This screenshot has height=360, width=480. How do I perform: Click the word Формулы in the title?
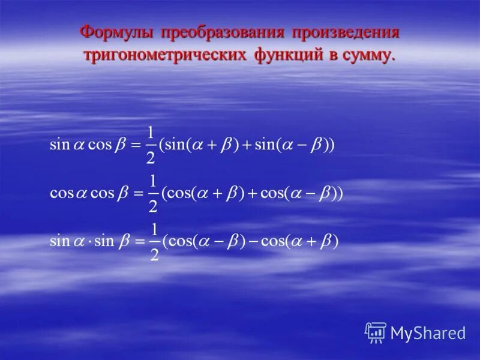tap(115, 32)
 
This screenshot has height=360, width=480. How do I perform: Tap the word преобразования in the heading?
tap(219, 32)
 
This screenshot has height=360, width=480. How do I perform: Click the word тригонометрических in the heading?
tap(164, 55)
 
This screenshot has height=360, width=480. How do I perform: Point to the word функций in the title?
tap(288, 55)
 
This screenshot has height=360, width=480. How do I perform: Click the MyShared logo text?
tap(428, 333)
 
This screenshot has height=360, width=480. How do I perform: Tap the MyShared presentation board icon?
tap(376, 332)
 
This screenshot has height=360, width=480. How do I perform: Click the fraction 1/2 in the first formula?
tap(150, 145)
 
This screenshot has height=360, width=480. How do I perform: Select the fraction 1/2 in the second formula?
tap(152, 194)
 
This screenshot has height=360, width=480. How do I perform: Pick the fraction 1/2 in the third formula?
tap(154, 242)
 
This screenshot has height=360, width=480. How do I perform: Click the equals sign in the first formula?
tap(135, 146)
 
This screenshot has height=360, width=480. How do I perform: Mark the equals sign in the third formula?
tap(139, 242)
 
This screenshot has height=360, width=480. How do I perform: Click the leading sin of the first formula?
tap(60, 145)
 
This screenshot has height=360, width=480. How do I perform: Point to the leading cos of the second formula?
tap(62, 194)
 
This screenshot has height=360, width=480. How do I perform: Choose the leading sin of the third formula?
tap(60, 242)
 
